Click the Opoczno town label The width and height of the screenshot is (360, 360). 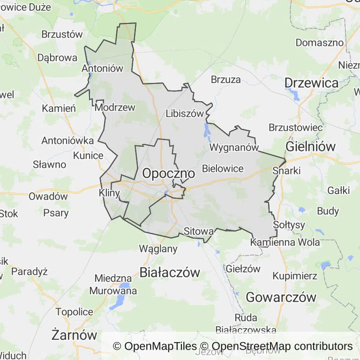tap(165, 173)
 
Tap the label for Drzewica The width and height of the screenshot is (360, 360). tap(311, 83)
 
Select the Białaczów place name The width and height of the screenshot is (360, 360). tap(170, 272)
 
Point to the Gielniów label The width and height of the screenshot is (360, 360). tap(311, 146)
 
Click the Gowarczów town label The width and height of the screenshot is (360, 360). tap(281, 297)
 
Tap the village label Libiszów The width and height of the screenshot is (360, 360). tap(185, 113)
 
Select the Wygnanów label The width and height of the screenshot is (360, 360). tap(234, 147)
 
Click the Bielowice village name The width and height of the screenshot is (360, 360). tap(223, 169)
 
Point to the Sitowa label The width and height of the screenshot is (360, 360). tap(199, 231)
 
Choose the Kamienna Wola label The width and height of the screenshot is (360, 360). tap(285, 242)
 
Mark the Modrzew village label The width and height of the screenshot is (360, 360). tap(115, 107)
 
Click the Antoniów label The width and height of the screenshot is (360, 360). tap(102, 68)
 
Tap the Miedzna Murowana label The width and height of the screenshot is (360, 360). tap(116, 285)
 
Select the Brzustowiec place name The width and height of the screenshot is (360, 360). tap(295, 127)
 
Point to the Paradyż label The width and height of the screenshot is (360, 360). tap(30, 271)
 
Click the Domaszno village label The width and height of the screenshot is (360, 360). tap(320, 43)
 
